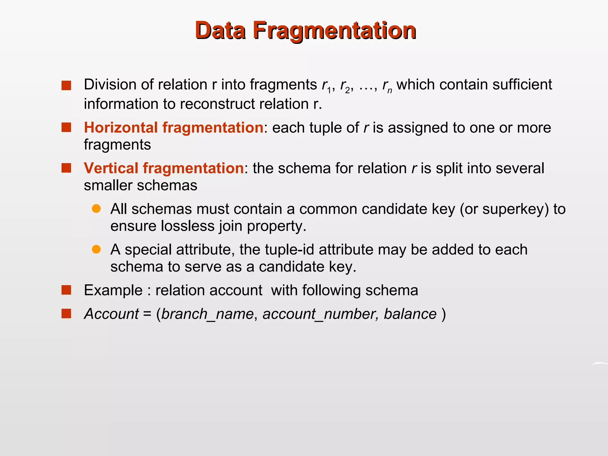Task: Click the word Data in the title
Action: (220, 30)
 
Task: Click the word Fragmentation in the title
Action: (334, 31)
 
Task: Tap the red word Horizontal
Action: (121, 128)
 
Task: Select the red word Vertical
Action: (111, 168)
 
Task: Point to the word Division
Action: (110, 85)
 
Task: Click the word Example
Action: (113, 290)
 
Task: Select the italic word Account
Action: (111, 314)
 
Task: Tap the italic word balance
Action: (410, 314)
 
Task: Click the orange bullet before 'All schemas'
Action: (96, 209)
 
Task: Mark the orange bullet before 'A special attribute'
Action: (96, 249)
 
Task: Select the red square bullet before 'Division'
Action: (66, 85)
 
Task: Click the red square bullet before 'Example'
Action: (66, 290)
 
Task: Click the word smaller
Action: (107, 186)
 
